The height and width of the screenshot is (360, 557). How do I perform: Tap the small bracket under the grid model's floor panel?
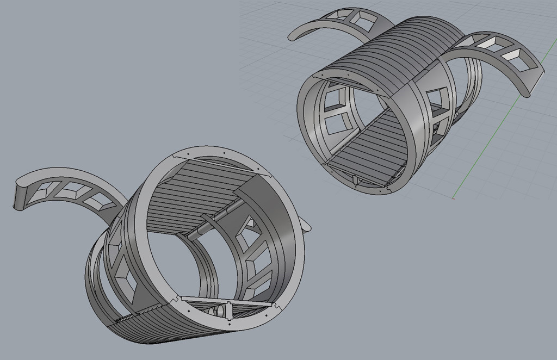356,180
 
